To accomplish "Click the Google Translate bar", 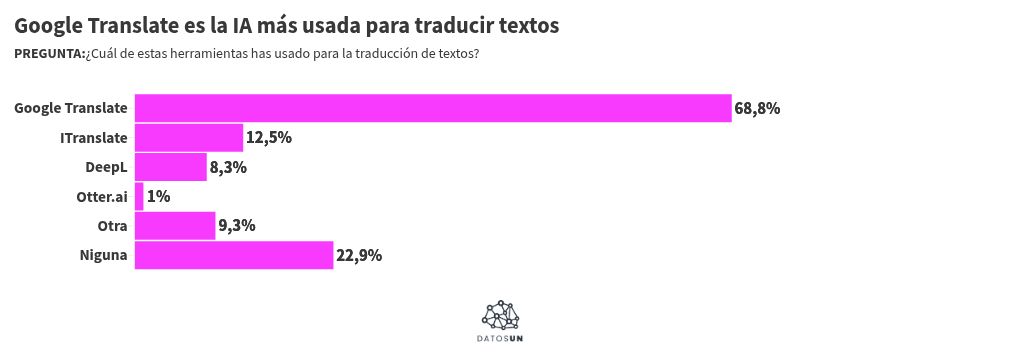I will pyautogui.click(x=433, y=108).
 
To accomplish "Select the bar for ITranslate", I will pyautogui.click(x=189, y=137).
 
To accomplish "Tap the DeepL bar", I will pyautogui.click(x=170, y=167).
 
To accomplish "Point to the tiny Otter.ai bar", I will pyautogui.click(x=139, y=196).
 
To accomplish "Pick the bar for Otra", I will pyautogui.click(x=175, y=226).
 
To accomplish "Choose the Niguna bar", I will pyautogui.click(x=233, y=255).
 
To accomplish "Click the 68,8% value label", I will pyautogui.click(x=757, y=108).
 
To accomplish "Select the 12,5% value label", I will pyautogui.click(x=269, y=137).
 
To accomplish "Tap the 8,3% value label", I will pyautogui.click(x=228, y=167).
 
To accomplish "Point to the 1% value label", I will pyautogui.click(x=158, y=196).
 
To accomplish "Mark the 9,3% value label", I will pyautogui.click(x=237, y=226).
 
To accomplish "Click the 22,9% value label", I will pyautogui.click(x=359, y=255).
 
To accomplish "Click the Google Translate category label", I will pyautogui.click(x=71, y=108).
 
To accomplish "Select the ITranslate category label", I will pyautogui.click(x=94, y=137).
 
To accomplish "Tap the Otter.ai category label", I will pyautogui.click(x=102, y=196).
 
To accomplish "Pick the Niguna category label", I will pyautogui.click(x=104, y=255).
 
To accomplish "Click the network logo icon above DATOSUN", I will pyautogui.click(x=501, y=316).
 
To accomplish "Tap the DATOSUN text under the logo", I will pyautogui.click(x=500, y=340).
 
